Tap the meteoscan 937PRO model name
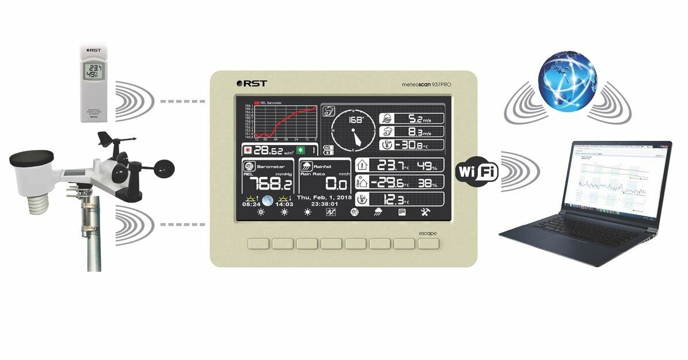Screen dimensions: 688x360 pos(426,84)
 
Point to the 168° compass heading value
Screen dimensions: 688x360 pos(356,120)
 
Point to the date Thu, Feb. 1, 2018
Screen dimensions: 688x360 pos(324,197)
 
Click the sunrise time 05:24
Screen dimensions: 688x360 pos(251,204)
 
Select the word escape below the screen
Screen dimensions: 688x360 pos(428,233)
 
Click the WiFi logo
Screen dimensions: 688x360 pos(477,171)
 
